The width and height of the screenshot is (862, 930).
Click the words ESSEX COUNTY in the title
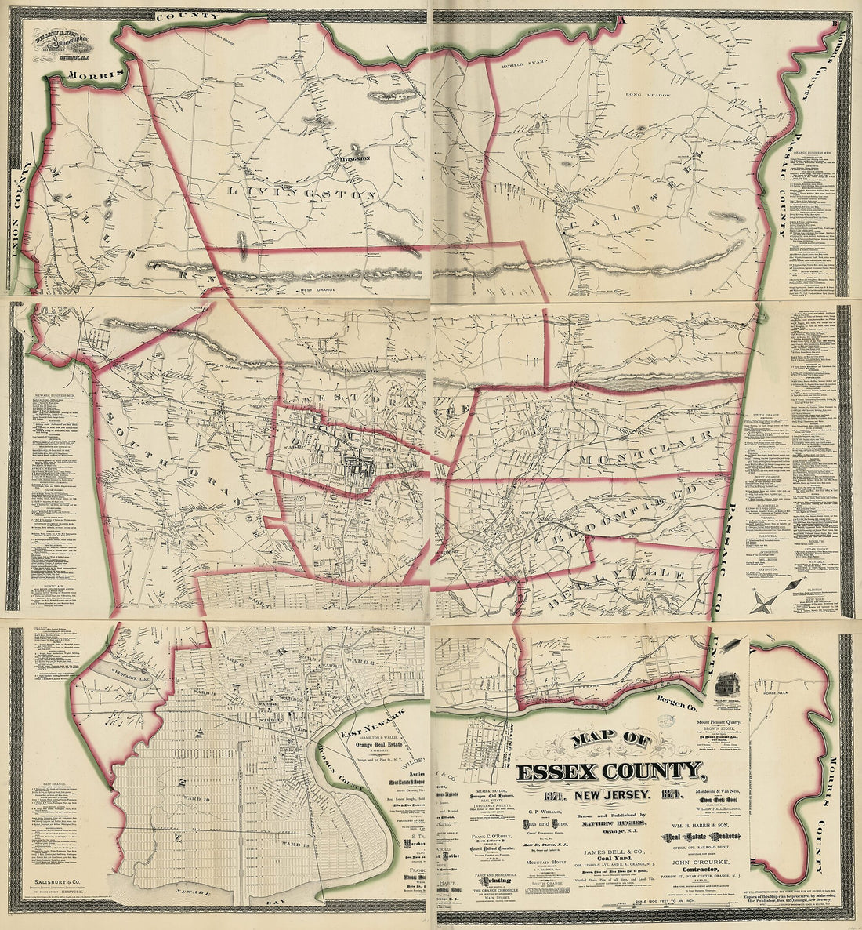(604, 772)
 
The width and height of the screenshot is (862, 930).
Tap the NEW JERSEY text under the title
(604, 797)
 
